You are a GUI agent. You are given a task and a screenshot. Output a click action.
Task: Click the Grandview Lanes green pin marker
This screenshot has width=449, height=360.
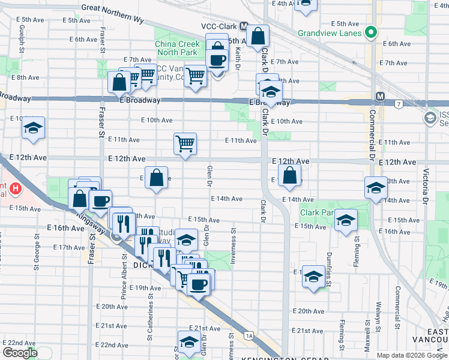372,32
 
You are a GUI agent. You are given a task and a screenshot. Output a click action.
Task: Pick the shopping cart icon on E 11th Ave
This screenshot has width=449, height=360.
185,144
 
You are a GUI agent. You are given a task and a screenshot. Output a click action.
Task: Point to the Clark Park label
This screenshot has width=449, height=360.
318,212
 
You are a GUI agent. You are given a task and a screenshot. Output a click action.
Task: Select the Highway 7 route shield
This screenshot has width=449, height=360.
399,105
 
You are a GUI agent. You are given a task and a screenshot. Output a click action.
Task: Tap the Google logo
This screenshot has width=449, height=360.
20,353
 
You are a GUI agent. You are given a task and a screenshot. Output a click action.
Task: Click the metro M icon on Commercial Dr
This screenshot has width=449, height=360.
380,97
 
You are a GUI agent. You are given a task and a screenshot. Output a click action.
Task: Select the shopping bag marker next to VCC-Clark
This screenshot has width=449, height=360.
258,37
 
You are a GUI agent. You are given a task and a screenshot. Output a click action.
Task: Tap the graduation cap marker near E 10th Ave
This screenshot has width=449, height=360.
34,128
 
